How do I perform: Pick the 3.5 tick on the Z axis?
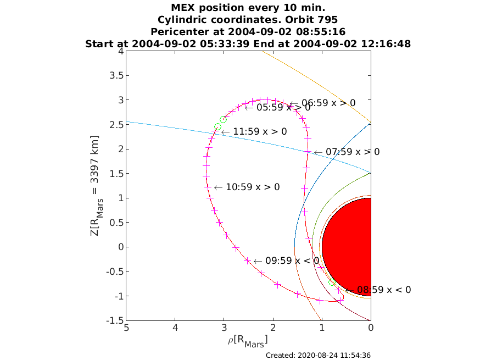tap(116, 75)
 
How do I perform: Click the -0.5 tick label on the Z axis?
tap(115, 272)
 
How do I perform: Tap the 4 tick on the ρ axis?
tap(175, 328)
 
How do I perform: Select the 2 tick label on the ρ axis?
tap(273, 328)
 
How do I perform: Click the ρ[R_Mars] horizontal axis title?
tap(248, 341)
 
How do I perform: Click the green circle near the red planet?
tap(332, 283)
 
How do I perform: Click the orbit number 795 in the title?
tap(327, 20)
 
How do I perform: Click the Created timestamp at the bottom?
tap(318, 356)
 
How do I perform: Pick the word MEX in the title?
tap(183, 7)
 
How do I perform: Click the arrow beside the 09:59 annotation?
tap(258, 262)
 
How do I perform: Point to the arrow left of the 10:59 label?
tap(218, 188)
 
